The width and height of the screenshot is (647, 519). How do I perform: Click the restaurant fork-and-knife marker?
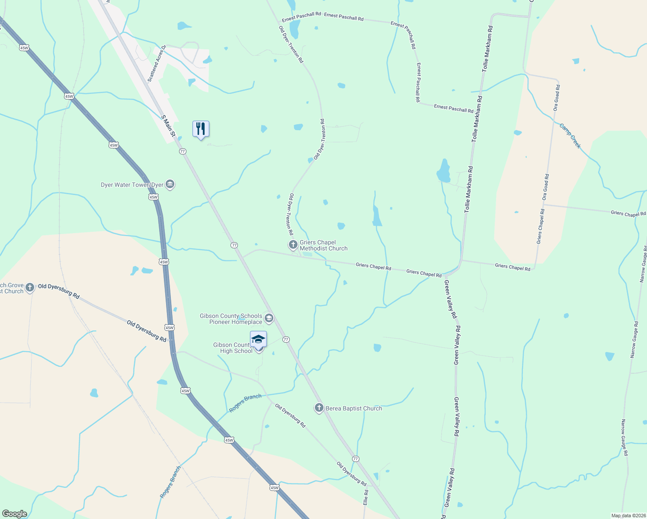coord(201,129)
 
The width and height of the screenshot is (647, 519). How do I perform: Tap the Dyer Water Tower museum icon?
coord(170,185)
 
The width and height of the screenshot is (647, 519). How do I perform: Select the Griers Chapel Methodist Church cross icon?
coord(293,245)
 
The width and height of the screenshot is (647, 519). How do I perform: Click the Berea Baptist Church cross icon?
coord(319,408)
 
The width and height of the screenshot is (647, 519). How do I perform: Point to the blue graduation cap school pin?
coord(258,339)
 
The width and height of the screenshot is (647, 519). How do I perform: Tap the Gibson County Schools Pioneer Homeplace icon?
coord(269,319)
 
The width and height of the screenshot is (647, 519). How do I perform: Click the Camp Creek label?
coord(570,136)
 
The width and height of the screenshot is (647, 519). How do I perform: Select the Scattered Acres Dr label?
coord(157,63)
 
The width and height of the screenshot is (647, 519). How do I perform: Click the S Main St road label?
coord(168,126)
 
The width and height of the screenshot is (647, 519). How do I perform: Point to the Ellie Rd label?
coord(366,497)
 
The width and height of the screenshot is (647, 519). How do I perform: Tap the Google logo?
coord(14,514)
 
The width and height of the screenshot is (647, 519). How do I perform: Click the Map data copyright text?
coord(628,516)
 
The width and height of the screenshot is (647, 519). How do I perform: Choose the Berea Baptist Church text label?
coord(354,408)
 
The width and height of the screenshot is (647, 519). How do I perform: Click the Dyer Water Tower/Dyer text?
coord(132,185)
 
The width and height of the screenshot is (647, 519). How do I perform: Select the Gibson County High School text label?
coord(233,348)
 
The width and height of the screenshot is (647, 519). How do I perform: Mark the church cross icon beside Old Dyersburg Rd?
coord(29,288)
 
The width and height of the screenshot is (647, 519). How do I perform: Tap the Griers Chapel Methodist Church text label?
coord(323,245)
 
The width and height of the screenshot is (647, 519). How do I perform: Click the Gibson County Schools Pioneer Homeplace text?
coord(231,319)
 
